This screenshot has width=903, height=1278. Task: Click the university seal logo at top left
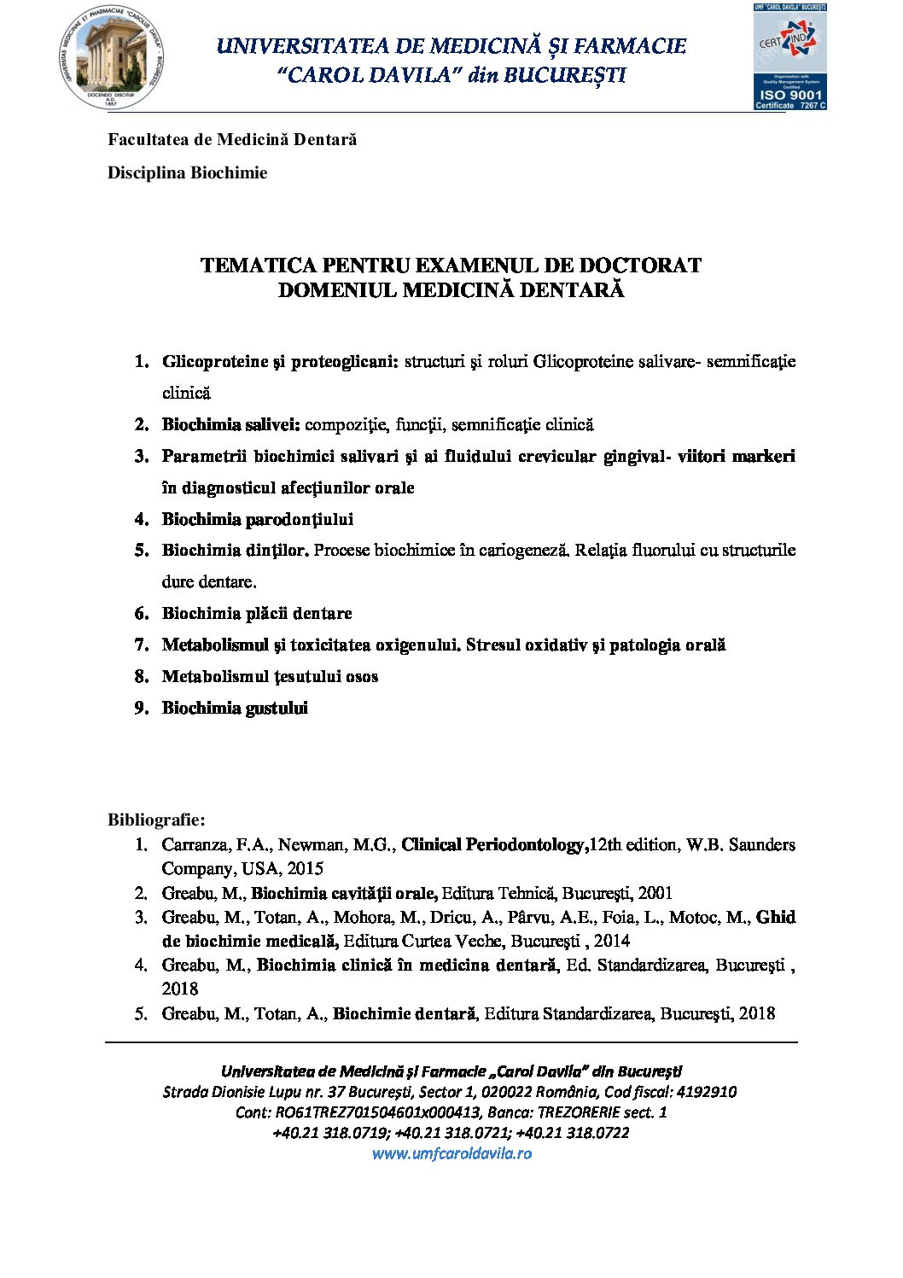click(112, 57)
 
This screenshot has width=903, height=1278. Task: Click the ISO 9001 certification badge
click(789, 57)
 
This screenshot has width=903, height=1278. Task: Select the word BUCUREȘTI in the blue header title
click(564, 75)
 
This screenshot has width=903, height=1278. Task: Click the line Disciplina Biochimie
click(187, 172)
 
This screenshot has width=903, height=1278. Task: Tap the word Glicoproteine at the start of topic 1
click(215, 361)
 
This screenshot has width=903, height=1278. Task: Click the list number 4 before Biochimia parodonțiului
click(142, 519)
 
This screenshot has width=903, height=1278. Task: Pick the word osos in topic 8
click(362, 676)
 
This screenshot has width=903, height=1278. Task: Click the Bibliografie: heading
click(156, 820)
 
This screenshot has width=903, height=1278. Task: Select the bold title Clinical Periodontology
click(492, 844)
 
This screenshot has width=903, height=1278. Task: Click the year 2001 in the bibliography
click(655, 893)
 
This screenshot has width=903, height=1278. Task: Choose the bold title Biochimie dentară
click(404, 1013)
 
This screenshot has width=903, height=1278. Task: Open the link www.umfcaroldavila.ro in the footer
click(451, 1153)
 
